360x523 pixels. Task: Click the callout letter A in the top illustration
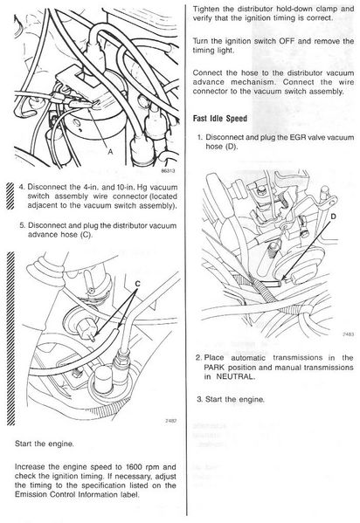(110, 151)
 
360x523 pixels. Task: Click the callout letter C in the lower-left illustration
(137, 284)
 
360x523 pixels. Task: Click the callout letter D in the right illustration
(333, 217)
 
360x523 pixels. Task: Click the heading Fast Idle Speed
(220, 119)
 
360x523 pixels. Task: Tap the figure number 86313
(168, 171)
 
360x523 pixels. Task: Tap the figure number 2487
(171, 421)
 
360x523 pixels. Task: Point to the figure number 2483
(349, 334)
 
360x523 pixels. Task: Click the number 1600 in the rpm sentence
(134, 467)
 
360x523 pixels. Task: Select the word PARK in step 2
(215, 368)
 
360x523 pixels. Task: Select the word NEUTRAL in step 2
(235, 376)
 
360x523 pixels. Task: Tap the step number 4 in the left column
(21, 187)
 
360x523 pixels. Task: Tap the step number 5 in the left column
(22, 225)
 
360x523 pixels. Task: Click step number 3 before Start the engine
(199, 399)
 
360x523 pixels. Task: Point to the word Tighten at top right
(204, 9)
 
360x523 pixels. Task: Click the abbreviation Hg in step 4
(142, 188)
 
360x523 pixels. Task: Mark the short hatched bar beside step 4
(10, 196)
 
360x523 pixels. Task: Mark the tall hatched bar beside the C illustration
(10, 339)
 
